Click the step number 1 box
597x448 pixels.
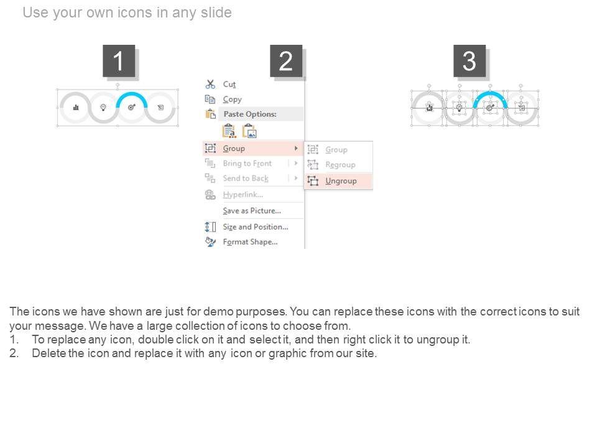[119, 61]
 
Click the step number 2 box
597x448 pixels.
[286, 61]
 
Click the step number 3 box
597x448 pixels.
[470, 61]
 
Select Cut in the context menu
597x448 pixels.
[229, 84]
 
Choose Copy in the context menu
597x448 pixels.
[232, 100]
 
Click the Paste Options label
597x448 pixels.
[250, 114]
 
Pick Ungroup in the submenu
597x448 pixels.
[341, 181]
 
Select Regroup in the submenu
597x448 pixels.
[340, 164]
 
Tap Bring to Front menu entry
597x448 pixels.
[248, 164]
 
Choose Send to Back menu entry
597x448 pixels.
[246, 179]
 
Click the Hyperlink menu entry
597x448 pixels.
[243, 195]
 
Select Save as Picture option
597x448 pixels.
[252, 211]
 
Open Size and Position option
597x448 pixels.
[256, 227]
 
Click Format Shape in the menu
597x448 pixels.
[250, 242]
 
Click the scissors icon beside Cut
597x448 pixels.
[210, 84]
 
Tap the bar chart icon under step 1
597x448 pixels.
[76, 108]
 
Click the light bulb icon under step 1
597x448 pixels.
[103, 108]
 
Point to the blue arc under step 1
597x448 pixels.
[132, 94]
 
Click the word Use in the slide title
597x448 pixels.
[35, 12]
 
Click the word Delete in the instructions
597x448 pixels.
[49, 353]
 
